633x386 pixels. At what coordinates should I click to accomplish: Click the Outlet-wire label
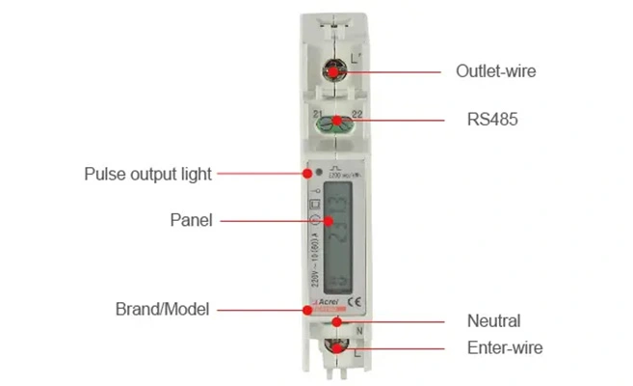pyautogui.click(x=495, y=70)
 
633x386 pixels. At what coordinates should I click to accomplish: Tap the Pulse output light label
pyautogui.click(x=147, y=175)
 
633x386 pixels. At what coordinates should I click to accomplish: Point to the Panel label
pyautogui.click(x=191, y=220)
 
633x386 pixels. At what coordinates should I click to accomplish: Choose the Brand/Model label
pyautogui.click(x=162, y=310)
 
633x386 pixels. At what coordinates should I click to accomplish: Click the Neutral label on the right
pyautogui.click(x=493, y=321)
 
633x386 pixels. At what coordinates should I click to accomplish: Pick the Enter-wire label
pyautogui.click(x=505, y=347)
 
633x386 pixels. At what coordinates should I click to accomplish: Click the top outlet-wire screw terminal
pyautogui.click(x=333, y=70)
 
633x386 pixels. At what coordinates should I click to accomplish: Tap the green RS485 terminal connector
pyautogui.click(x=335, y=122)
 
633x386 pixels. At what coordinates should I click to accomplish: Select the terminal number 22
pyautogui.click(x=356, y=114)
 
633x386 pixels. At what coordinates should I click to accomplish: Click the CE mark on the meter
pyautogui.click(x=354, y=299)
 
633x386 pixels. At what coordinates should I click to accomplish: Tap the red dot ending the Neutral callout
pyautogui.click(x=335, y=321)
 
